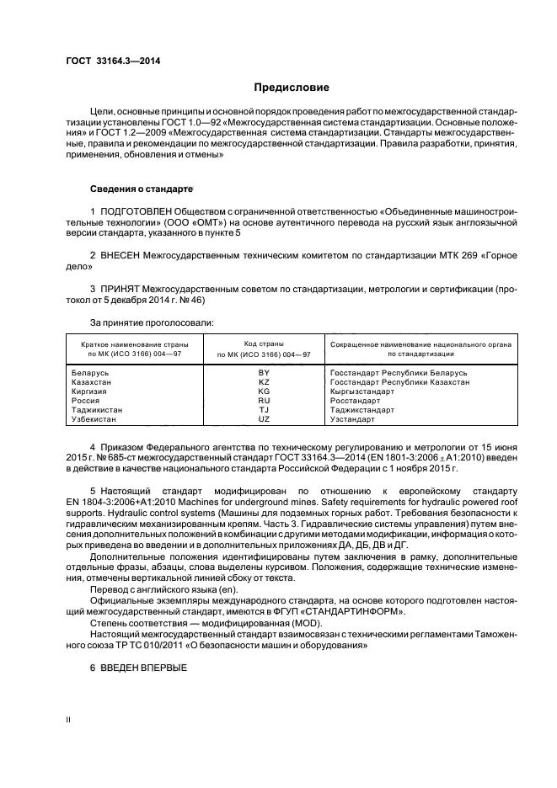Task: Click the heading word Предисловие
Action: coord(292,87)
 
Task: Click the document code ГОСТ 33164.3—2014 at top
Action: coord(113,61)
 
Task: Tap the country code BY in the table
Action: coord(264,372)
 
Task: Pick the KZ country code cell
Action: coord(264,381)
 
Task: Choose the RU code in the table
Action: coord(264,400)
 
